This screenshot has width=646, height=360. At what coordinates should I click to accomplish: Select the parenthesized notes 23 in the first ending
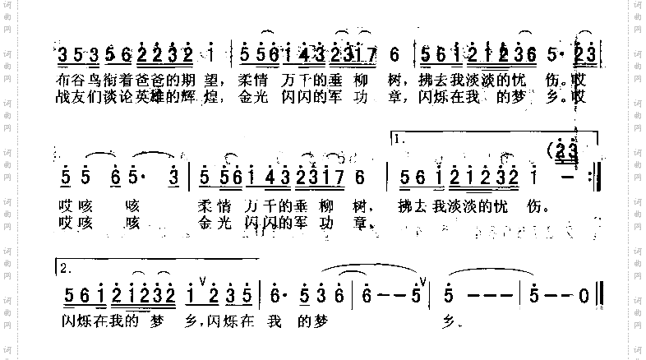567,151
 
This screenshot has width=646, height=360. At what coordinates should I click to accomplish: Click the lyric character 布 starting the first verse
67,81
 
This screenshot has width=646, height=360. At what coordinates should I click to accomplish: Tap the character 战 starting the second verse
67,97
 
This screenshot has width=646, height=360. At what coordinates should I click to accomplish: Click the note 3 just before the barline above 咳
174,176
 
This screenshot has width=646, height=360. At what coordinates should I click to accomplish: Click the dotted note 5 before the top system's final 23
551,55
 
